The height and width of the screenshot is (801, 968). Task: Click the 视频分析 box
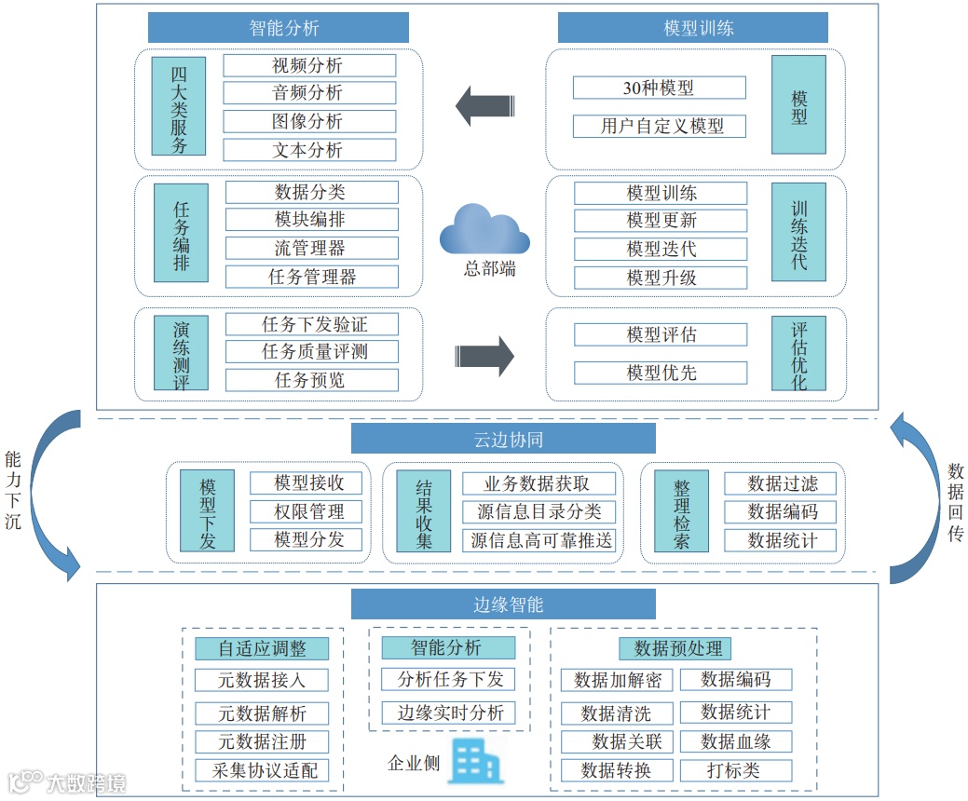pyautogui.click(x=309, y=65)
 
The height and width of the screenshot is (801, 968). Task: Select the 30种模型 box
pyautogui.click(x=659, y=88)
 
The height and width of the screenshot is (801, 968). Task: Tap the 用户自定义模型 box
pyautogui.click(x=659, y=126)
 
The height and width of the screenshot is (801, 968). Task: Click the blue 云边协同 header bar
pyautogui.click(x=503, y=439)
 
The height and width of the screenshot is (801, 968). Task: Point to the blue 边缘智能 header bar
pyautogui.click(x=503, y=604)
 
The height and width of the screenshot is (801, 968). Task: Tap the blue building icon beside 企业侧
pyautogui.click(x=475, y=761)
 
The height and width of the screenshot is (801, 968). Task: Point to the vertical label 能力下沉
pyautogui.click(x=12, y=491)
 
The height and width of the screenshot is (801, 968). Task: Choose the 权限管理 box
pyautogui.click(x=309, y=511)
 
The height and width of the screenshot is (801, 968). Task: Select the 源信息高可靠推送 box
pyautogui.click(x=540, y=540)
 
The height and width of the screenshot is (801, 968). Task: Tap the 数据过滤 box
pyautogui.click(x=781, y=483)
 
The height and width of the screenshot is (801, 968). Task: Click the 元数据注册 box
pyautogui.click(x=262, y=742)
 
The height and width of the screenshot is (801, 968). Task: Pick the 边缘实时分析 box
pyautogui.click(x=450, y=713)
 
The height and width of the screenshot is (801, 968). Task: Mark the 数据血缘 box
pyautogui.click(x=735, y=741)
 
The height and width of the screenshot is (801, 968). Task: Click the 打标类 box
pyautogui.click(x=735, y=770)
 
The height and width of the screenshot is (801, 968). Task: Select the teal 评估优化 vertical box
pyautogui.click(x=798, y=353)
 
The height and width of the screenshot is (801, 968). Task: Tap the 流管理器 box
pyautogui.click(x=311, y=249)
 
